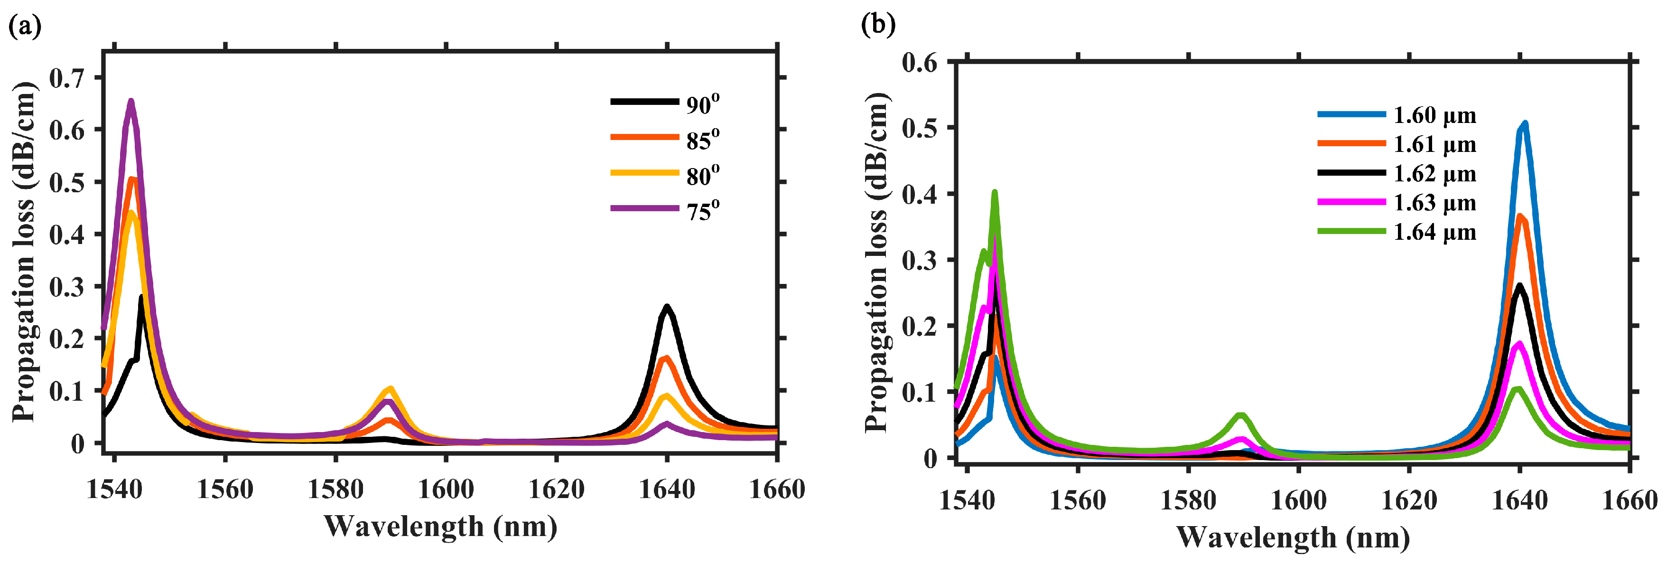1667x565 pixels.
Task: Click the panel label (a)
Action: click(25, 27)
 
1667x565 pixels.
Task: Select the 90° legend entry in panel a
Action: click(702, 104)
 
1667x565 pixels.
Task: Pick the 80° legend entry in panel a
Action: click(702, 175)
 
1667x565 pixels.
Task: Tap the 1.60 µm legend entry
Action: click(1434, 115)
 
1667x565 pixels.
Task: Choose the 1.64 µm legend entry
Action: click(1434, 232)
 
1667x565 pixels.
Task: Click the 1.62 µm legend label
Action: click(1434, 173)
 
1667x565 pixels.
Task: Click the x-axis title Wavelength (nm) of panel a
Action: click(440, 526)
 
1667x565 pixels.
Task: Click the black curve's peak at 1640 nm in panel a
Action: click(667, 307)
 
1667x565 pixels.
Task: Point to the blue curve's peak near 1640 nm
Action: click(1525, 123)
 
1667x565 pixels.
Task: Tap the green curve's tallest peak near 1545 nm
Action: click(995, 192)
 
